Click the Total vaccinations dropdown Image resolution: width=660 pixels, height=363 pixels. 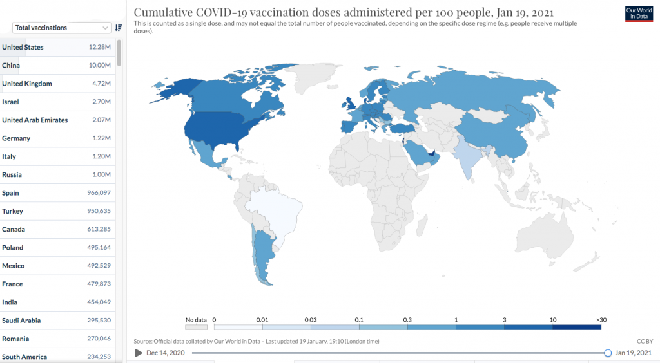point(62,28)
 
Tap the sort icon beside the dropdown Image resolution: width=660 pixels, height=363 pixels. point(118,28)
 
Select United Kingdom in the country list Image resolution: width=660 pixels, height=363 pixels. point(27,84)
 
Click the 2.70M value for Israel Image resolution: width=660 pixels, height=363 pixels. point(101,102)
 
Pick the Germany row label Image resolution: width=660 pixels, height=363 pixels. point(16,138)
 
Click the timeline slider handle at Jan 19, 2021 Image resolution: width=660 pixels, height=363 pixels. point(608,353)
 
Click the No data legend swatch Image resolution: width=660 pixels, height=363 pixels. point(196,327)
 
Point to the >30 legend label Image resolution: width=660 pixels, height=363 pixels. point(601,320)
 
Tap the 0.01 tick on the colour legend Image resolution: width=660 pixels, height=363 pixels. point(262,320)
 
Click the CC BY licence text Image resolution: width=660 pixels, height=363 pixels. point(645,341)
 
